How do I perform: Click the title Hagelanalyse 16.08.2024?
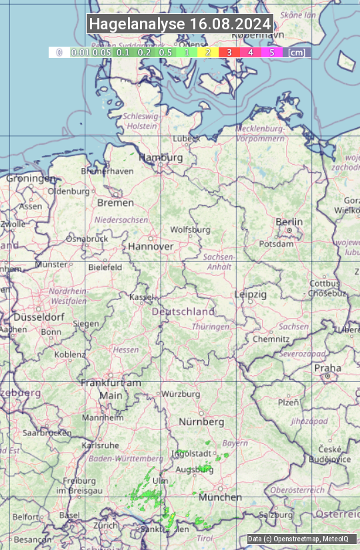coord(180,24)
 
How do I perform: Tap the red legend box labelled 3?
coord(229,52)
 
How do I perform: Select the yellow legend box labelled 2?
coord(208,52)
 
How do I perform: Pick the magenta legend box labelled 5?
coord(271,52)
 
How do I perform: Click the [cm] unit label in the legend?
coord(297,52)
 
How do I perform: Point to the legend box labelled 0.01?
coord(81,52)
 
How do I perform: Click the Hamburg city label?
coord(161,157)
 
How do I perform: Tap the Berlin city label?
coord(289,222)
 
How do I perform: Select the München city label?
coord(219,497)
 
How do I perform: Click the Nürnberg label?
coord(201,422)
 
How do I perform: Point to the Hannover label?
coord(151,246)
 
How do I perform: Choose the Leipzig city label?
coord(251,294)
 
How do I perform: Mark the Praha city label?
coord(327,368)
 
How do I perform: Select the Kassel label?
coord(142,297)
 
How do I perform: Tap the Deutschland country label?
coord(183,311)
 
